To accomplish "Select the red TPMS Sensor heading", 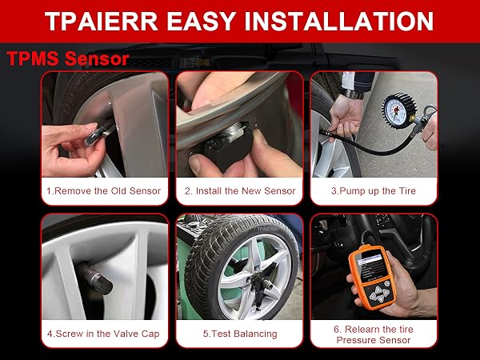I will pos(67,59).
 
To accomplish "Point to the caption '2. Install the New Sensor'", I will pos(239,191).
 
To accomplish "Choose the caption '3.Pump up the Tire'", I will pos(374,191).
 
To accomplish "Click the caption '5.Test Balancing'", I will pos(239,334).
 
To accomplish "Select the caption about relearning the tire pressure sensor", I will pos(374,334).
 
